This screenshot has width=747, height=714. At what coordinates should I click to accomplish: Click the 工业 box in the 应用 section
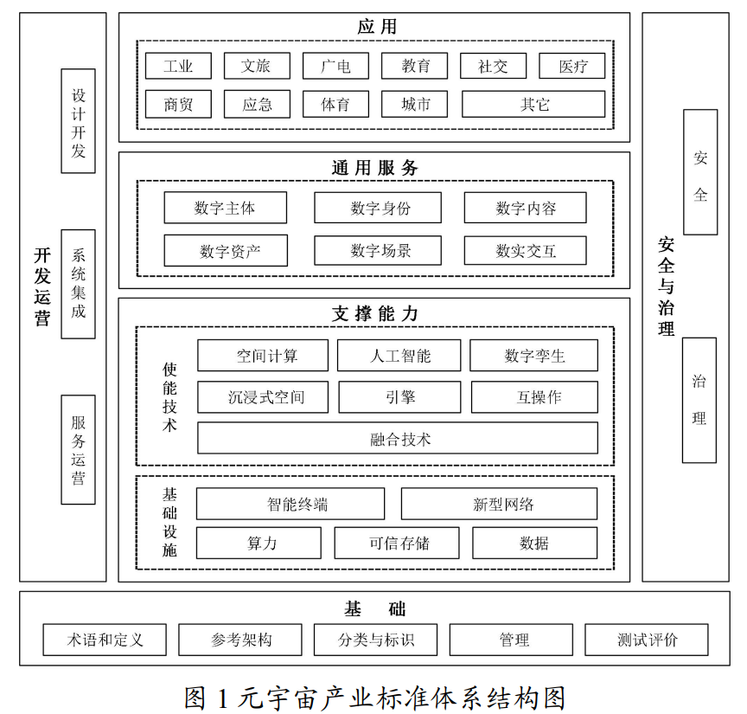(x=178, y=67)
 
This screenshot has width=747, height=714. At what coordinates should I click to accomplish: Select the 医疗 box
(x=571, y=67)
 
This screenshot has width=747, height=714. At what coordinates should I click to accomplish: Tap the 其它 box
(x=533, y=105)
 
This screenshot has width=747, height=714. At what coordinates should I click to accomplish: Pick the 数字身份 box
(x=377, y=208)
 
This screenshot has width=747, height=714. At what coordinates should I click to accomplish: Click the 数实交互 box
(x=525, y=251)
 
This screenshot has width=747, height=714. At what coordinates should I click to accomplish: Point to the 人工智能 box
(x=399, y=356)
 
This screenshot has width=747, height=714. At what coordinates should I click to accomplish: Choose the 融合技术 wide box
(x=398, y=439)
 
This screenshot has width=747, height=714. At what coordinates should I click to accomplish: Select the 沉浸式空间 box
(x=264, y=397)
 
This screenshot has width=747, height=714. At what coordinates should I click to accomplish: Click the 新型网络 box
(x=499, y=505)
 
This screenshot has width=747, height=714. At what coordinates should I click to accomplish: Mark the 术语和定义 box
(x=105, y=640)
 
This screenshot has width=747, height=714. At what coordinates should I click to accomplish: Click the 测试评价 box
(x=646, y=640)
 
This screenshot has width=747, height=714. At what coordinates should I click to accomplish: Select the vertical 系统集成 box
(x=78, y=284)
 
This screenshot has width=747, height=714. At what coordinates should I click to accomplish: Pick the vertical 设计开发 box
(x=78, y=121)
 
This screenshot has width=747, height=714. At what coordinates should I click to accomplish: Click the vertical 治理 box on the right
(x=699, y=400)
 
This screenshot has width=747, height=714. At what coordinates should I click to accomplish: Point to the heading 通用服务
(x=374, y=168)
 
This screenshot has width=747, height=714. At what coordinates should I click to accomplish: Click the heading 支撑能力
(x=374, y=313)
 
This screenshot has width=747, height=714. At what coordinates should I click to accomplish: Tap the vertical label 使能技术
(x=169, y=396)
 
